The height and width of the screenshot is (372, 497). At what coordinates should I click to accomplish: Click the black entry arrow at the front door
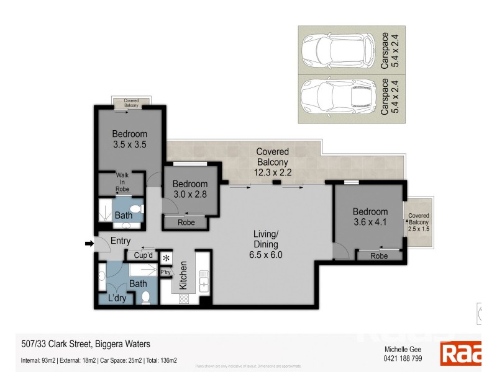(89, 244)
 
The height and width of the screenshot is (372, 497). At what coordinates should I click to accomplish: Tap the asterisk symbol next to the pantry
(166, 258)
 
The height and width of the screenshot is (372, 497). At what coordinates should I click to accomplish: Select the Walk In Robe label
(122, 182)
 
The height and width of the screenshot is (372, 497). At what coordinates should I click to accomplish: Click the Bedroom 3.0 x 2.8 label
(189, 189)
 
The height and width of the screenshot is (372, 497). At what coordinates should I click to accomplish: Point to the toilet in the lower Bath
(146, 298)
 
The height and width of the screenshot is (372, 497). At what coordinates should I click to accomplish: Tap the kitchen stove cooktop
(185, 298)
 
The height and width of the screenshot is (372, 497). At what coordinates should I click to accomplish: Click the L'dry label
(118, 299)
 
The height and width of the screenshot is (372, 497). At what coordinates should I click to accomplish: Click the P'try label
(166, 272)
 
